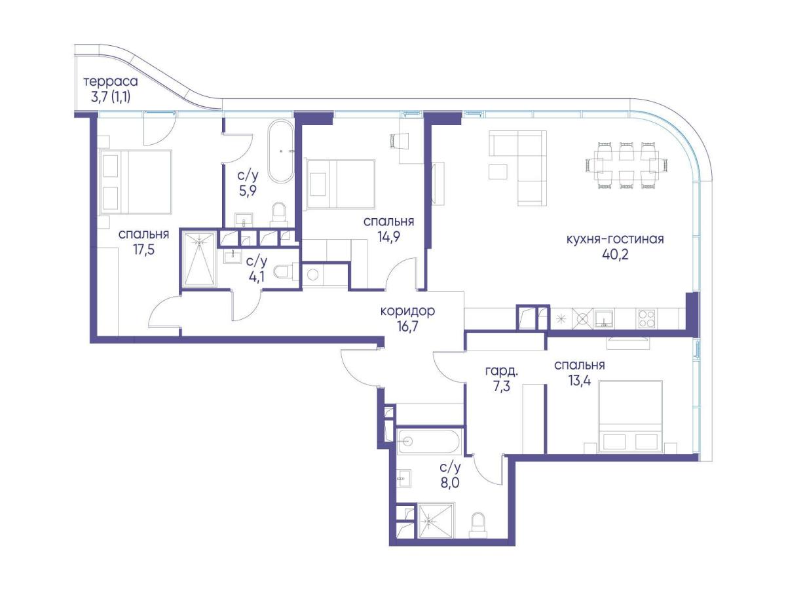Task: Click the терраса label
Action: [x=111, y=82]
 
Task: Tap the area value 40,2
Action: [x=615, y=255]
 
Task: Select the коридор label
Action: [x=407, y=311]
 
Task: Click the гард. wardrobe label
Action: [x=501, y=371]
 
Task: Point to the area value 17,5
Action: [x=143, y=250]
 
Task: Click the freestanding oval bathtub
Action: [x=282, y=151]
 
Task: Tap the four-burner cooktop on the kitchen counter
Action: [x=646, y=318]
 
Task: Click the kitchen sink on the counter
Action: [x=604, y=318]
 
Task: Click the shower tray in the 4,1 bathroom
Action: [x=199, y=259]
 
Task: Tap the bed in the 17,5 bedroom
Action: [x=136, y=182]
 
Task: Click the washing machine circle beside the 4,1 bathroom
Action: [x=312, y=275]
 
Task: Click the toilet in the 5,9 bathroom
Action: [x=278, y=214]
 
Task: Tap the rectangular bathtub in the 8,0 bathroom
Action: [x=428, y=441]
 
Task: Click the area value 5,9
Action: [x=248, y=191]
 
